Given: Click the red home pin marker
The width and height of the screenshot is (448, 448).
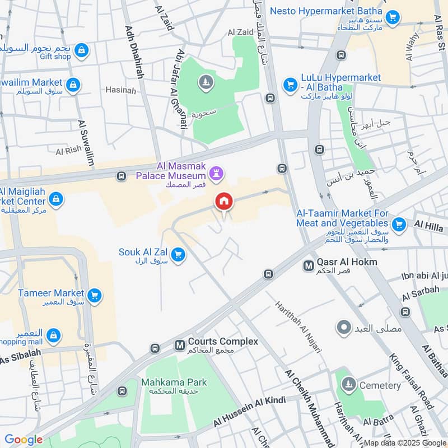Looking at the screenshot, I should (x=224, y=202).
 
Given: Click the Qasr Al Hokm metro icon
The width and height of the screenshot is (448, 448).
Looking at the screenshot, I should (x=308, y=266).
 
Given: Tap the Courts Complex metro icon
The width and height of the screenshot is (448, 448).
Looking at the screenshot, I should (x=180, y=346).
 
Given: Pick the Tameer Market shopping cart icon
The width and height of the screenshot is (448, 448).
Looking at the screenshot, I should (x=94, y=295).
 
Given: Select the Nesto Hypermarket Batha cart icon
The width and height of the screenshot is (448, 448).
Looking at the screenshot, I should (x=393, y=17).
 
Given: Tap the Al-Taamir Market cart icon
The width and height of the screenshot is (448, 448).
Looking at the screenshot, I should (x=399, y=225).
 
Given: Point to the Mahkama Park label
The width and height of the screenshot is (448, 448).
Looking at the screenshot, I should (x=174, y=382).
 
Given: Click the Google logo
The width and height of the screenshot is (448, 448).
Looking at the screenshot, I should (x=24, y=440).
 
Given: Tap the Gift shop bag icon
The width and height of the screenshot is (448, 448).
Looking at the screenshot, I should (x=82, y=50).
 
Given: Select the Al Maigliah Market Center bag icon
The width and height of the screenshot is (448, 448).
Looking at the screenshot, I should (x=55, y=199).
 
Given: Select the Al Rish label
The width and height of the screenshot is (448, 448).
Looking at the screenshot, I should (x=68, y=150).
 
